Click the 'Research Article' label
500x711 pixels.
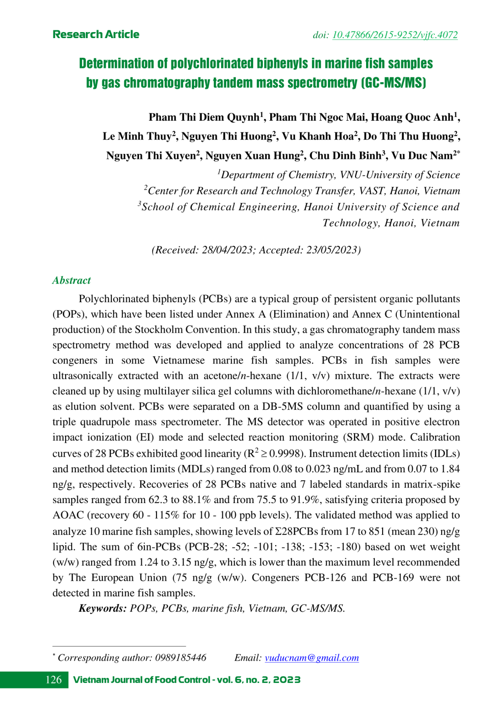coord(96,34)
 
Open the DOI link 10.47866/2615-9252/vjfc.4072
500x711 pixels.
coord(394,35)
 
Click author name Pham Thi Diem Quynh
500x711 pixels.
coord(204,118)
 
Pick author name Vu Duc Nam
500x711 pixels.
coord(422,156)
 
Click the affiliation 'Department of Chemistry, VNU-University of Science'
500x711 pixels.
coord(340,175)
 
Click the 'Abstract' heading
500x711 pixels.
coord(72,280)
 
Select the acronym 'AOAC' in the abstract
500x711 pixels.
coord(68,515)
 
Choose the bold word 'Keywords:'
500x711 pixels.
coord(103,609)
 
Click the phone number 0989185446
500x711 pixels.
coord(180,658)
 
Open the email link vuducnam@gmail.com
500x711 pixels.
coord(311,658)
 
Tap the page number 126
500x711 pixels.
coord(54,680)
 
